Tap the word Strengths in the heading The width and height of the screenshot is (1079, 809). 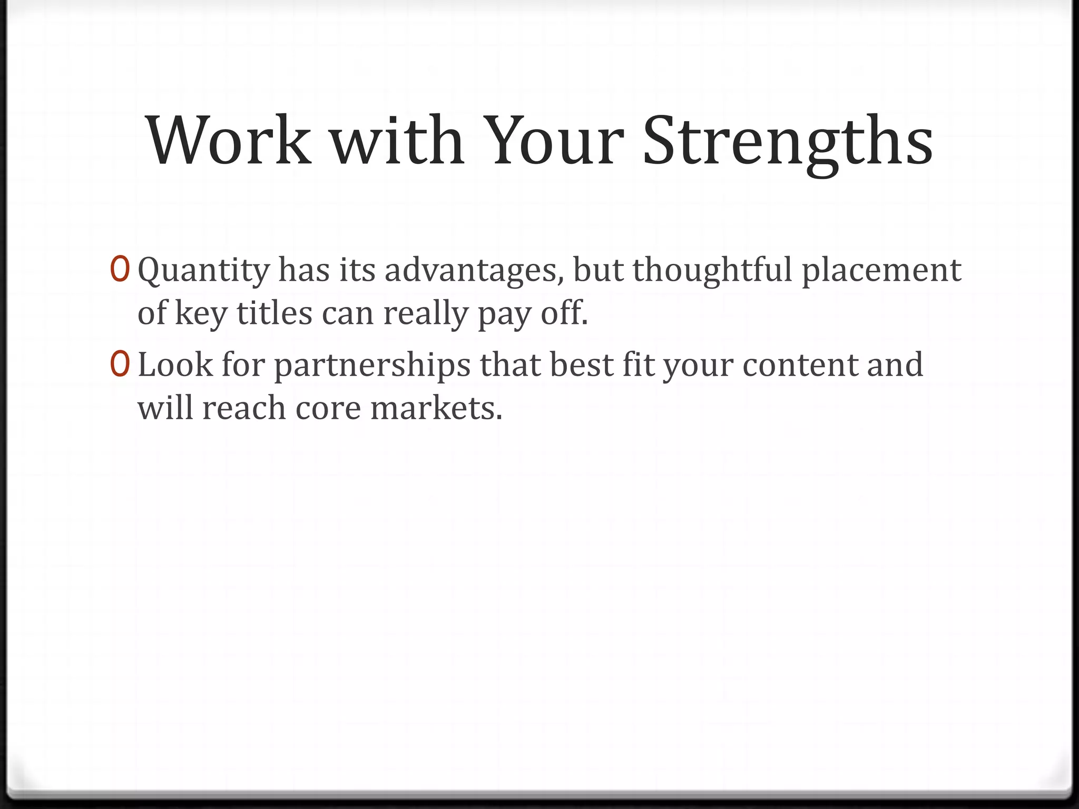pyautogui.click(x=788, y=141)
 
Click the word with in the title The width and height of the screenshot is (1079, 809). pyautogui.click(x=397, y=141)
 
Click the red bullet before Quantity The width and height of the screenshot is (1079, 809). pyautogui.click(x=120, y=270)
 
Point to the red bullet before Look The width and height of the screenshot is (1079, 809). pyautogui.click(x=120, y=364)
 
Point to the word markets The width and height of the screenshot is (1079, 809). pyautogui.click(x=436, y=408)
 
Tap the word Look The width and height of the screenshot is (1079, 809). pyautogui.click(x=175, y=364)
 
